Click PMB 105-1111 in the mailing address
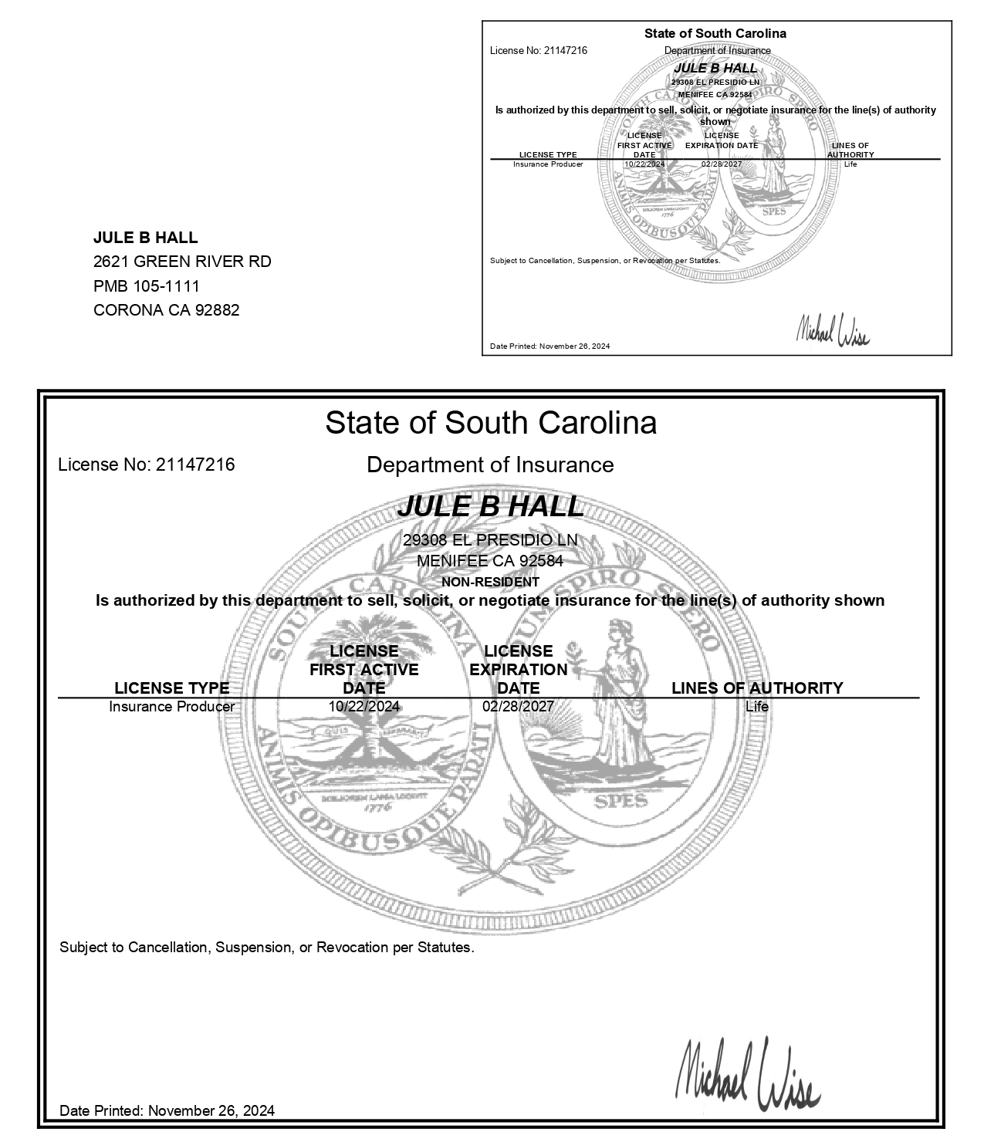[x=147, y=286]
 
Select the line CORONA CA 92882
[x=166, y=310]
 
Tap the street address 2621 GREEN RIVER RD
[x=182, y=262]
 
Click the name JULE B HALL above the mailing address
[x=145, y=238]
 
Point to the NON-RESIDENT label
[x=490, y=582]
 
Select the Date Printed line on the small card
[x=549, y=346]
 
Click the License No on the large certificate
[x=147, y=465]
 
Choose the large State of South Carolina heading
[x=491, y=423]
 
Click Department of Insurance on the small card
[x=717, y=51]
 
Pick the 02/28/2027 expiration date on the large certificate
[x=518, y=706]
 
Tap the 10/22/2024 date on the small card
[x=644, y=164]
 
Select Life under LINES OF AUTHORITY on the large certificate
[x=757, y=706]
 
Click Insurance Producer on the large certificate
[x=172, y=706]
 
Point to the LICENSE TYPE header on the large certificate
[x=172, y=688]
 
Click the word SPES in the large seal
[x=621, y=801]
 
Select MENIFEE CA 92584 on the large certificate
[x=490, y=561]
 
